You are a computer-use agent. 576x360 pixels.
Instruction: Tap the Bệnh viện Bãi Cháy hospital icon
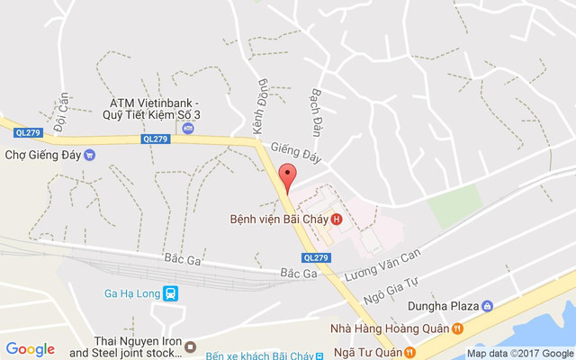click(x=337, y=219)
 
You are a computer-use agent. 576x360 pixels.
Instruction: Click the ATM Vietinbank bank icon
click(x=188, y=129)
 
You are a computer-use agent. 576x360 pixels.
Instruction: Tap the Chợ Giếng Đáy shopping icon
click(x=89, y=154)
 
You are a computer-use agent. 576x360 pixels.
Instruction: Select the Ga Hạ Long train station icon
click(x=171, y=292)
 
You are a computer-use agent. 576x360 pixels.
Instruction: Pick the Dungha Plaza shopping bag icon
click(x=488, y=306)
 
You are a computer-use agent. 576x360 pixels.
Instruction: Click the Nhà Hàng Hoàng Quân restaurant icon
click(x=456, y=328)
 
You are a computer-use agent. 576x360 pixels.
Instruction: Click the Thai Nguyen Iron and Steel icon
click(x=190, y=346)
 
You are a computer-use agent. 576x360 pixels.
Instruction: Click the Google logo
click(x=30, y=349)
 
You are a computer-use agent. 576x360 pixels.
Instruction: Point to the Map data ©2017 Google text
click(x=518, y=354)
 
